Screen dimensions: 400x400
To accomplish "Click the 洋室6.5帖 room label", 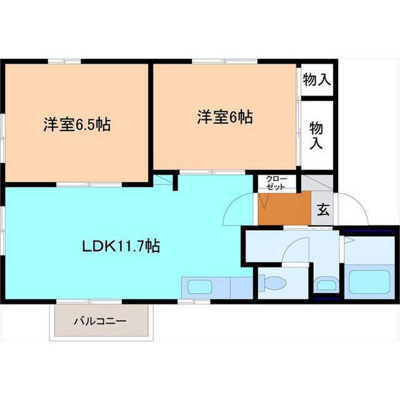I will [77, 124].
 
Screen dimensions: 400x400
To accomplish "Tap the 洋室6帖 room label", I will [225, 117].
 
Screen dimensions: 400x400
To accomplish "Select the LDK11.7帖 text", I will [121, 246].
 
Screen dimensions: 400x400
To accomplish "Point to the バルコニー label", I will [100, 322].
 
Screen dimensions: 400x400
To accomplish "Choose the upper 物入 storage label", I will [317, 79].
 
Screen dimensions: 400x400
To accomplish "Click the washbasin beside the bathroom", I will [326, 286].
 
